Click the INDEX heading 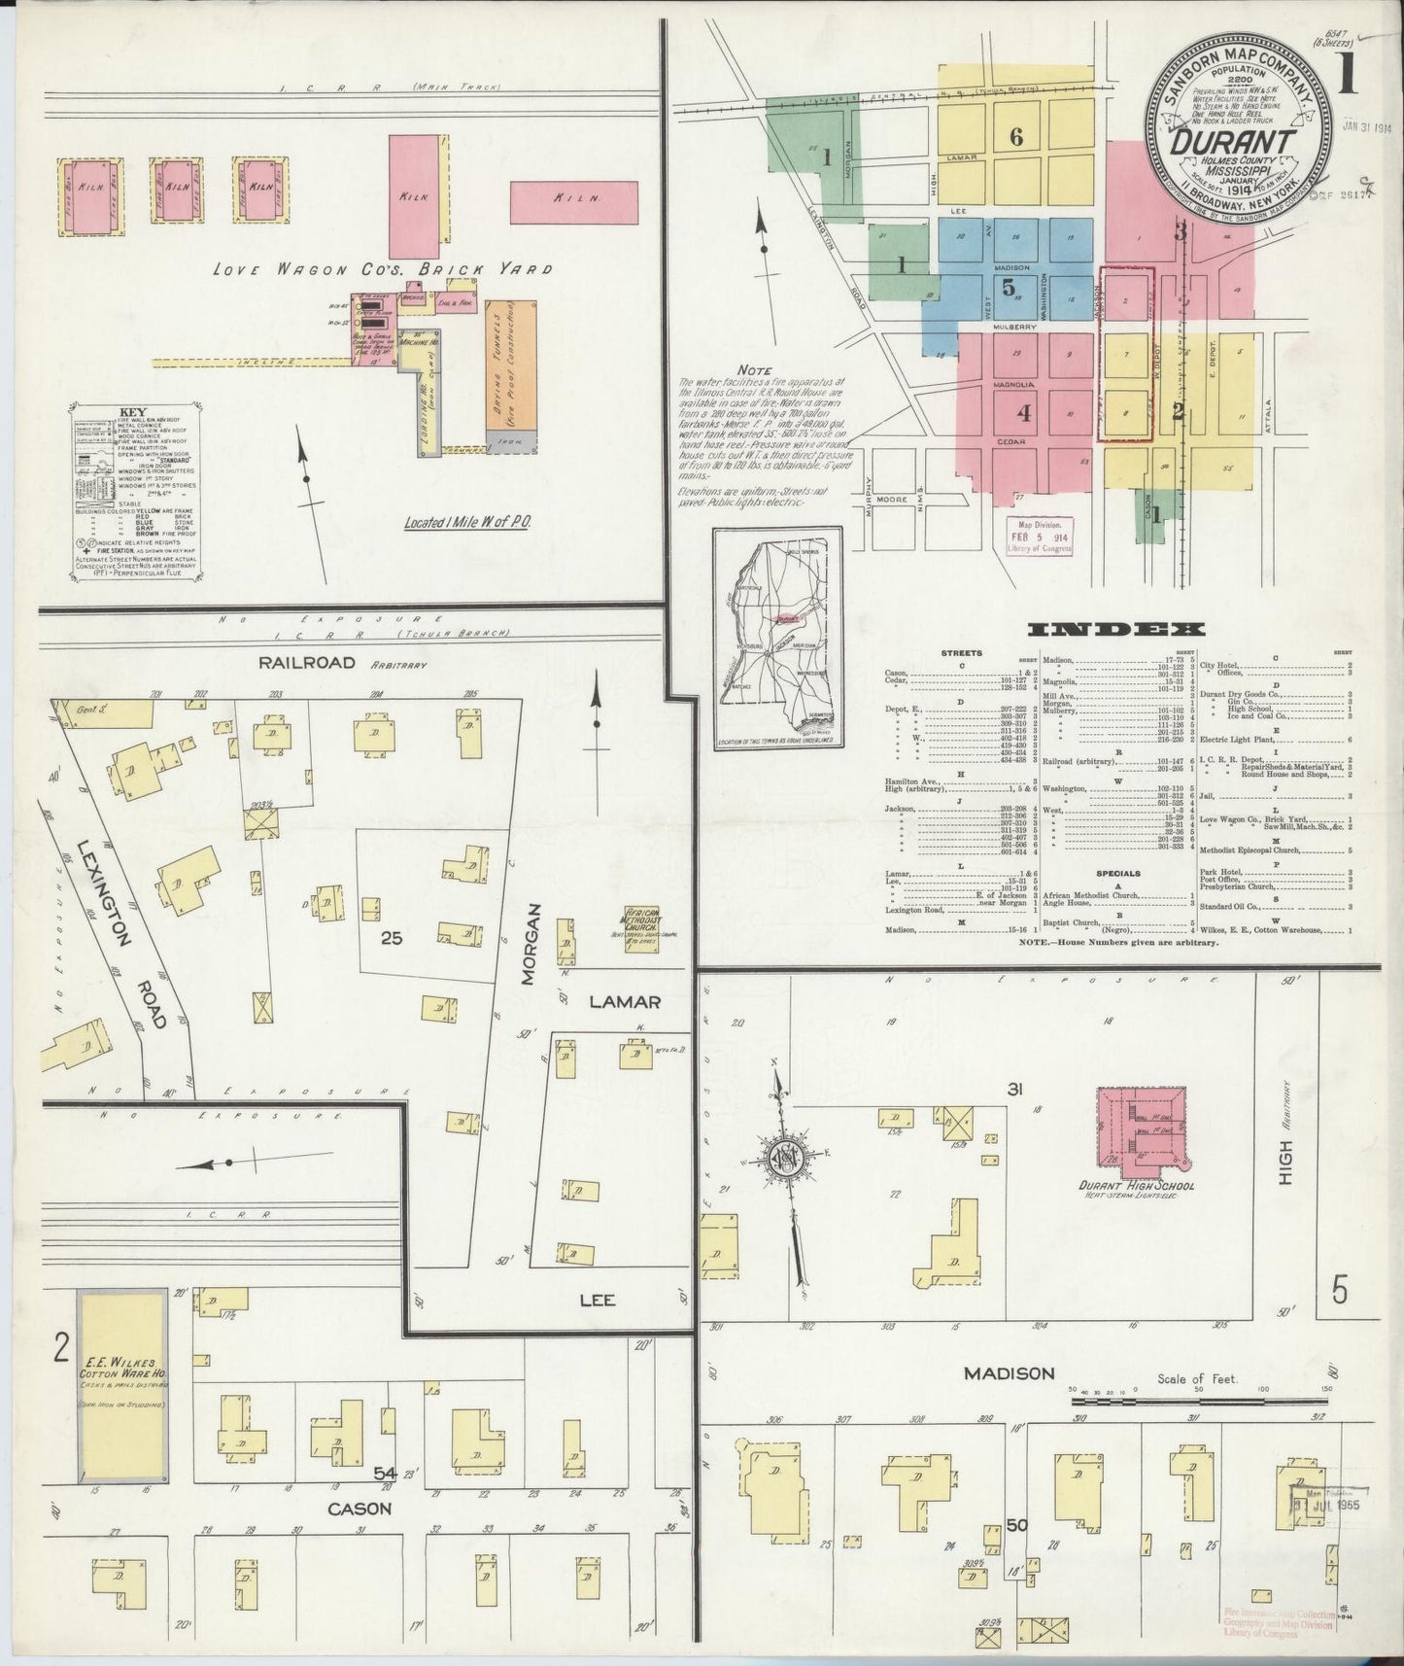point(1116,630)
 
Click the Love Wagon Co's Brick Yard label point(382,270)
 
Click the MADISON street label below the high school point(1009,1372)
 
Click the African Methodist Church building point(643,926)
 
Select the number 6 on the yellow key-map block point(1016,137)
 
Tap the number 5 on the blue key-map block point(1009,287)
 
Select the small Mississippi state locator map point(778,642)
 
